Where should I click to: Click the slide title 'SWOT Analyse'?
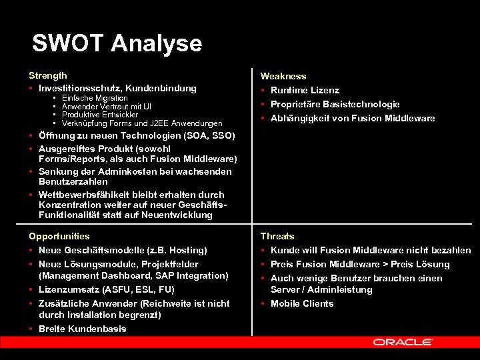point(117,43)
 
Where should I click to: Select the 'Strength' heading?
point(48,76)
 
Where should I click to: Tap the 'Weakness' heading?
point(283,77)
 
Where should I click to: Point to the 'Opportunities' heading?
point(59,236)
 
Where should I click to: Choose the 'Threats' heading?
point(277,236)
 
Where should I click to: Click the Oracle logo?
point(403,342)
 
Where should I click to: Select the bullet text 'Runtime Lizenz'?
point(305,90)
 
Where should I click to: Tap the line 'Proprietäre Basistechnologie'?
point(335,104)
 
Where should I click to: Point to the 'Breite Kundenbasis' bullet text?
point(83,329)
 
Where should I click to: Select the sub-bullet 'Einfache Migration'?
point(95,98)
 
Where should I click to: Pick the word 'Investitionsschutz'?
point(78,88)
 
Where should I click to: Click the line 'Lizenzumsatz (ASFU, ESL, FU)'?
point(107,289)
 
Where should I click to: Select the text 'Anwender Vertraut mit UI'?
point(106,107)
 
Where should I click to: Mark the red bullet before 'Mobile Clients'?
point(264,304)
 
